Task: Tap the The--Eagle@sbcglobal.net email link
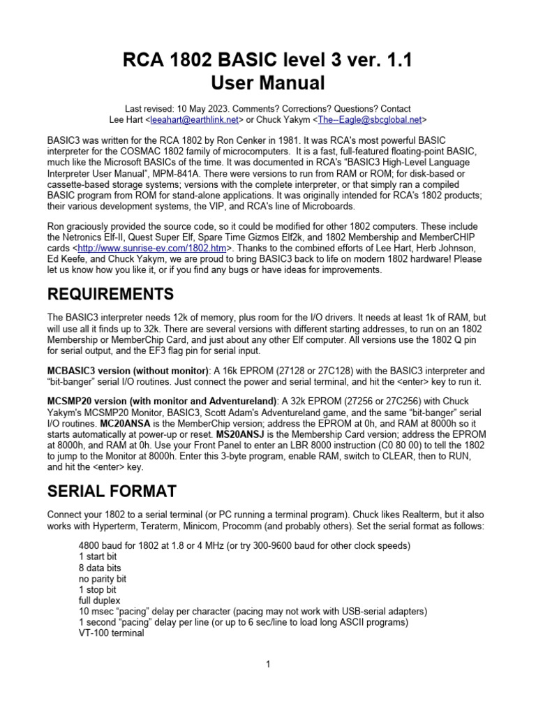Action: point(369,120)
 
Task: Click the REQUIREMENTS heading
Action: point(110,294)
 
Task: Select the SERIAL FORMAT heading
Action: point(112,491)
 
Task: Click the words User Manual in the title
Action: point(267,83)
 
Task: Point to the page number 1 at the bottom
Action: point(268,664)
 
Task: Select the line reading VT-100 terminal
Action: point(112,633)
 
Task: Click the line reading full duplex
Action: point(99,600)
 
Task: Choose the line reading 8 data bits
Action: point(100,568)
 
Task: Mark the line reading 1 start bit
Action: point(98,556)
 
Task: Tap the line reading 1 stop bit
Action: point(98,589)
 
